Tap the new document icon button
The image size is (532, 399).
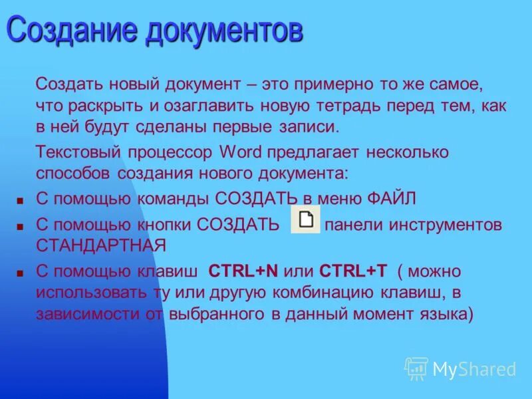tap(306, 220)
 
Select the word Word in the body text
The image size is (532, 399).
tap(240, 152)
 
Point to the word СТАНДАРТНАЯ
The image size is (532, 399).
tap(100, 245)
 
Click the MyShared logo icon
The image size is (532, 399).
tap(416, 368)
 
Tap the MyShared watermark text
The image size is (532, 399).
tap(474, 369)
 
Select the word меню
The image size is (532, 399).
tap(340, 199)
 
